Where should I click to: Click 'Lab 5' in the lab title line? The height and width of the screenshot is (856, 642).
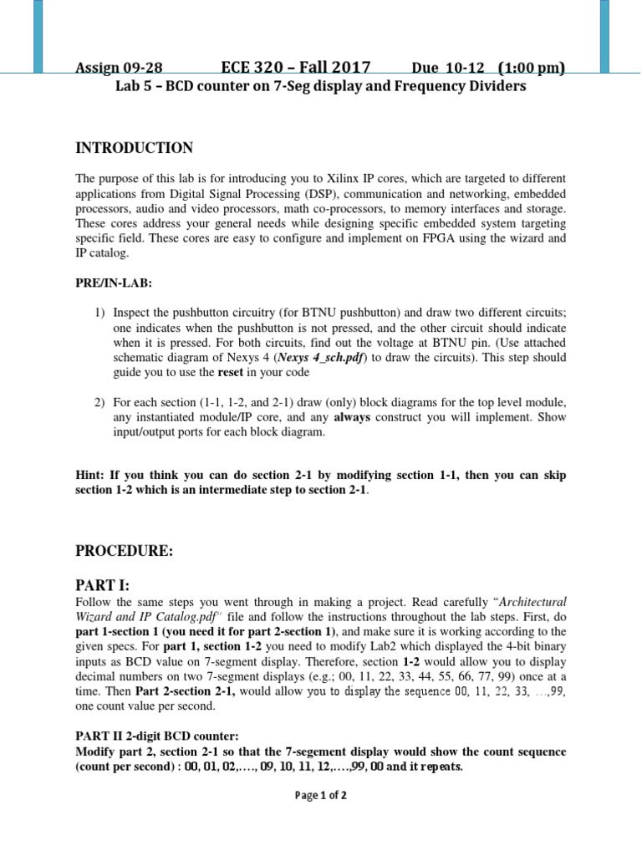pos(134,87)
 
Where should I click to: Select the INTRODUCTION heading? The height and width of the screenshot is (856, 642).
pos(135,148)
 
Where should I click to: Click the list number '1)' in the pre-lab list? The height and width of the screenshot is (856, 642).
pos(99,312)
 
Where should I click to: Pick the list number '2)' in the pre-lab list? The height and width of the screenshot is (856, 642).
pos(99,402)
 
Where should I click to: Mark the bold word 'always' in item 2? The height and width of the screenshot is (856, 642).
pos(352,417)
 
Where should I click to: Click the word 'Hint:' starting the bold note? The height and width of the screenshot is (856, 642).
pos(90,475)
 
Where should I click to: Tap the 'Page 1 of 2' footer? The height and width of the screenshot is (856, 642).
pos(321,795)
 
